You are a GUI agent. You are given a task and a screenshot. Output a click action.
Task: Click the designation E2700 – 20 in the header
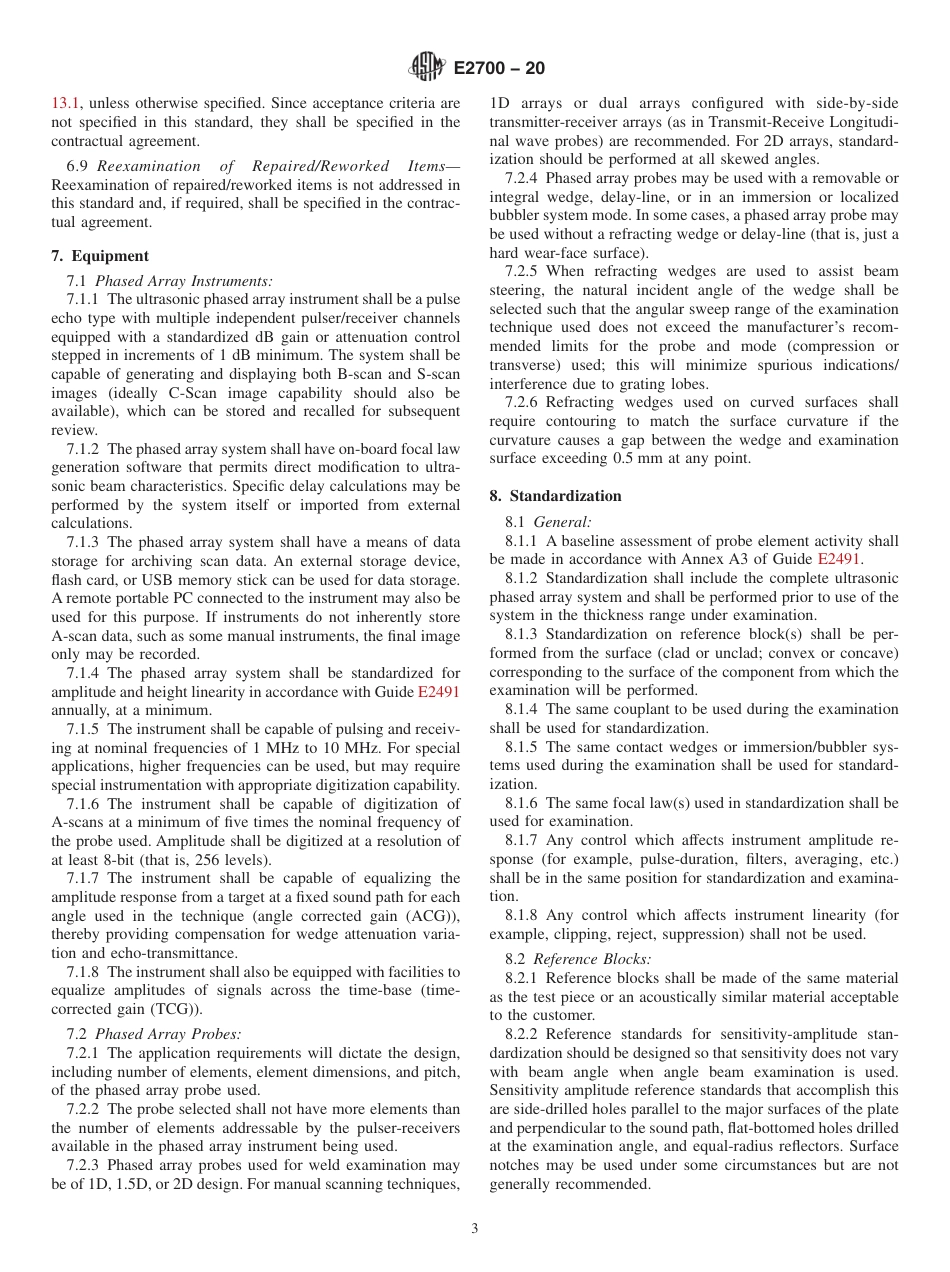[499, 69]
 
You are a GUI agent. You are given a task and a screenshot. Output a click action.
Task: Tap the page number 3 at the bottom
[475, 1229]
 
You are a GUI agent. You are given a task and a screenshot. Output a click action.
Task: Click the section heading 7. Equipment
[100, 256]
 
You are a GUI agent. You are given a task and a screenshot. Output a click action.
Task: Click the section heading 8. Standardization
[555, 496]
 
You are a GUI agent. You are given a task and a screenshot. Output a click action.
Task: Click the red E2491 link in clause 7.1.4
[438, 692]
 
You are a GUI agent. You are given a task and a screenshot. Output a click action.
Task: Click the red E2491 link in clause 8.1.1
[838, 559]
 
